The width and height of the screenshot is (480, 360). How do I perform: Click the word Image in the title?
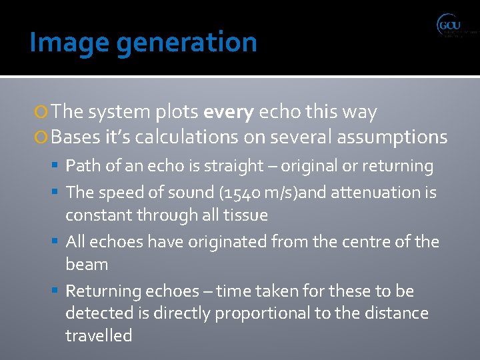pos(55,43)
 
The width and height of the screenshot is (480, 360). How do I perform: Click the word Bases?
pos(75,137)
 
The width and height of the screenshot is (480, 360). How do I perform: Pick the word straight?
pos(233,166)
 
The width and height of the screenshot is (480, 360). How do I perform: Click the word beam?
pos(87,264)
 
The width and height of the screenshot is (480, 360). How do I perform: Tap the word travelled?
pos(99,335)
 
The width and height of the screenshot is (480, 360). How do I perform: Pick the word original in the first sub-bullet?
pos(305,166)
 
